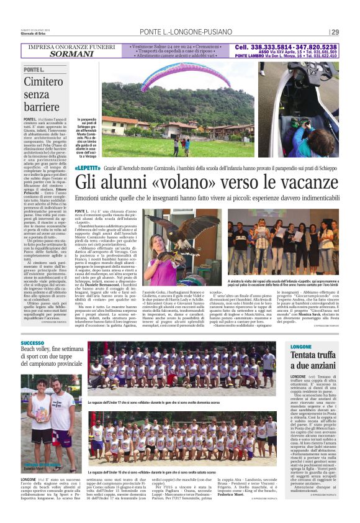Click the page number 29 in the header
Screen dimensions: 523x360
pos(335,32)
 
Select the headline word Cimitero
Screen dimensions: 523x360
pos(44,81)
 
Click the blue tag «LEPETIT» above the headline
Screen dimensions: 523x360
pos(88,168)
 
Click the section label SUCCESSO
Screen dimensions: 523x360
pos(32,343)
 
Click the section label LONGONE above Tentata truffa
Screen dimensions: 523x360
pos(301,346)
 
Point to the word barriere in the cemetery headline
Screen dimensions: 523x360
pos(45,108)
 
